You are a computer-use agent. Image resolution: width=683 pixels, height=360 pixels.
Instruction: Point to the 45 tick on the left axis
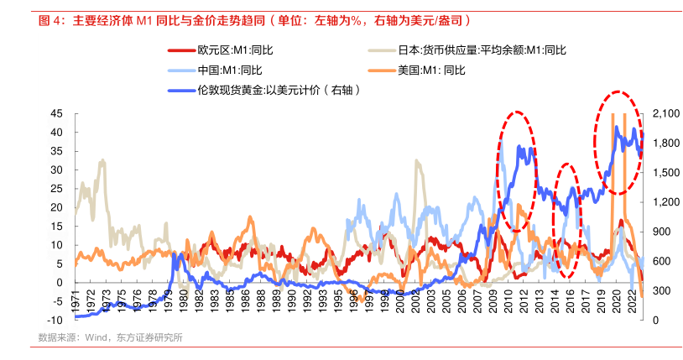[x=57, y=113]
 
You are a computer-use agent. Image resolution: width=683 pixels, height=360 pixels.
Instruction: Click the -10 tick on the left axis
[x=55, y=320]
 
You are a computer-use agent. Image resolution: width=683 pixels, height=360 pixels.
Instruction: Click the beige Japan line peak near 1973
[x=102, y=161]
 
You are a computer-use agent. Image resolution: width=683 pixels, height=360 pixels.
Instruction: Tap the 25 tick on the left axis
[x=57, y=188]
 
